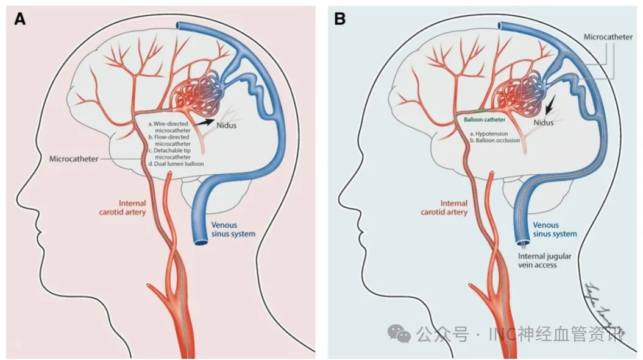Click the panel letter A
(x=20, y=19)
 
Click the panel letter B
(x=339, y=19)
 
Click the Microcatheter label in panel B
(x=607, y=37)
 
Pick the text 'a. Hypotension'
(x=488, y=132)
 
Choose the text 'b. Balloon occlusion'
(x=494, y=140)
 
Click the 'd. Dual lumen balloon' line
(x=175, y=163)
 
